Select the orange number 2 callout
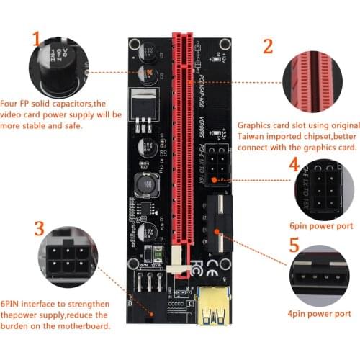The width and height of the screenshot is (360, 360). coord(268,48)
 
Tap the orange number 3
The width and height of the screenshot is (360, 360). coord(40,230)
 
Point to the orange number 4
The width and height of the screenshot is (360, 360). coord(294,165)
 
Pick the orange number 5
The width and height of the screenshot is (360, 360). coord(294,246)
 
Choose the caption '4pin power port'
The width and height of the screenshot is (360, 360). coord(318,314)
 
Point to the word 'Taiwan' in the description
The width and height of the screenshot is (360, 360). coord(256,138)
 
